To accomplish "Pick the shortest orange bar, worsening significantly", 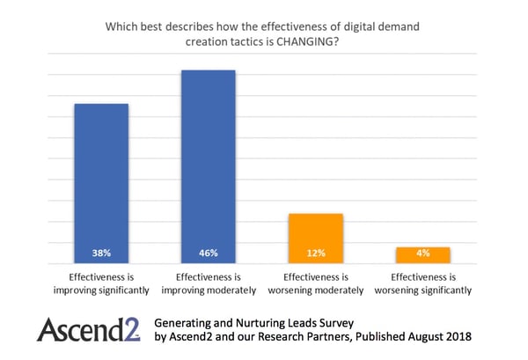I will coord(423,254).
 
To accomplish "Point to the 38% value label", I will coord(100,253).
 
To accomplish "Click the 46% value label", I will coord(208,253).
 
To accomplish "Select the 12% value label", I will coord(316,253).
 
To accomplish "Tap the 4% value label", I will coord(423,253).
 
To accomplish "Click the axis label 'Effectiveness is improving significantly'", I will coord(100,283).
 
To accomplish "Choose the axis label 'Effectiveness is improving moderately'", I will coord(208,283).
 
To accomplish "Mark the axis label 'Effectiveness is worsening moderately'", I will coord(316,283).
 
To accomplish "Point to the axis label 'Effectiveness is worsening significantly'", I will coord(423,283).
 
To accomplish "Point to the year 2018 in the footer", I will coord(456,337).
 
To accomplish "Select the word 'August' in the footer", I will coord(415,337).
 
